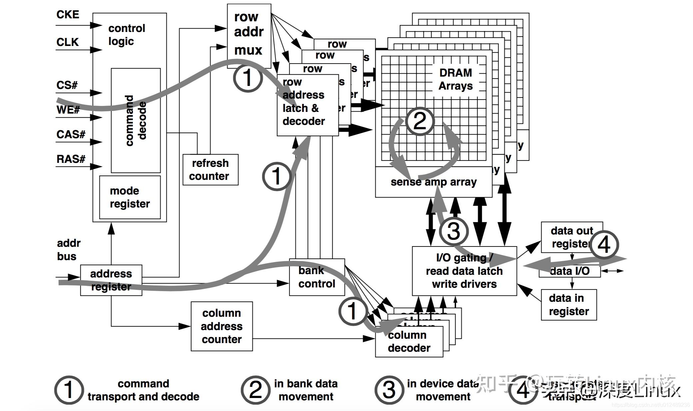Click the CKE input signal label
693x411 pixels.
point(68,15)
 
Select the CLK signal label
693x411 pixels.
point(67,42)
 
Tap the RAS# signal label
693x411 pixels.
point(71,159)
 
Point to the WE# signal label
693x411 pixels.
point(68,110)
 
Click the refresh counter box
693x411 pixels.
point(210,170)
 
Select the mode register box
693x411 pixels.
point(130,197)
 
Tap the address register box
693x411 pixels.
point(111,280)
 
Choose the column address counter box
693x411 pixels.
point(222,326)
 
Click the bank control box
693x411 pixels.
point(317,277)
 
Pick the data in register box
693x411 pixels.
point(569,305)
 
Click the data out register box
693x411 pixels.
point(571,237)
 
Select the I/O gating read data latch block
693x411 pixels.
point(464,271)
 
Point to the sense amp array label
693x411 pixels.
point(433,182)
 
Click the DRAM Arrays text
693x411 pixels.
point(455,79)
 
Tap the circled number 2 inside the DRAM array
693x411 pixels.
point(420,121)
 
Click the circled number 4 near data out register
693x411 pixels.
point(604,245)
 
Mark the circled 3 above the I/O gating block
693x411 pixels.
point(453,231)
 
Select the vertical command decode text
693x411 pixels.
point(136,121)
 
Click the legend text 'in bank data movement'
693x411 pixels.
point(306,390)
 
